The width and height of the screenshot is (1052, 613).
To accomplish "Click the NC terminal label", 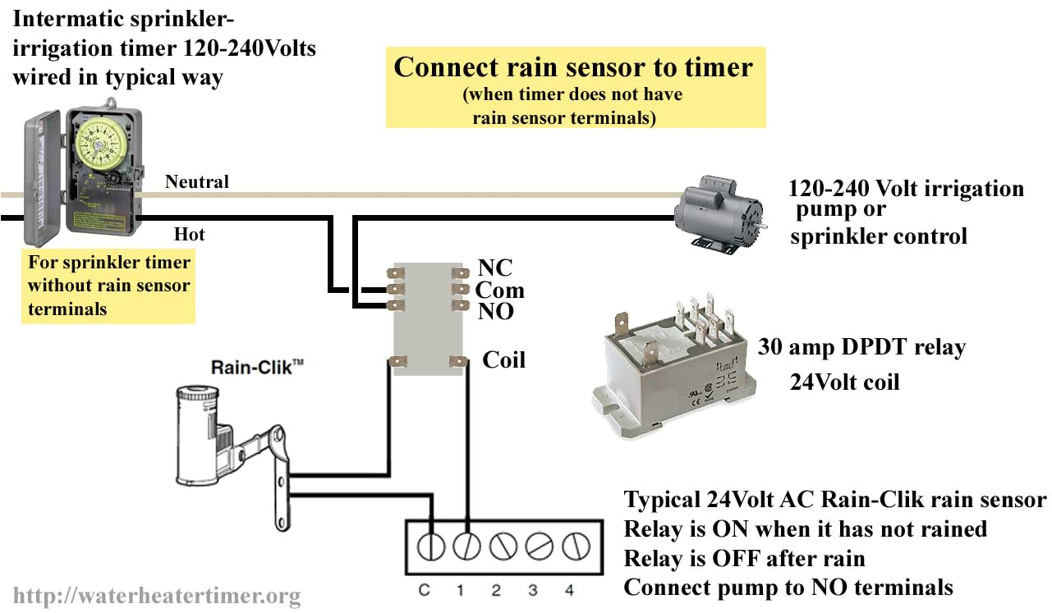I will click(494, 268).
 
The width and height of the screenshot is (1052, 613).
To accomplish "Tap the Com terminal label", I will click(499, 290).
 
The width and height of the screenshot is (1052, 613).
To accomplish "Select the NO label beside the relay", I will click(496, 312).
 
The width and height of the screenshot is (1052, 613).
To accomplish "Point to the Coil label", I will click(503, 359).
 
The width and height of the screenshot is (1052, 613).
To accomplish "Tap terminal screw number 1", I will click(467, 545).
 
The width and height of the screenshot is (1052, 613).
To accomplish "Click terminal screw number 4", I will click(573, 545).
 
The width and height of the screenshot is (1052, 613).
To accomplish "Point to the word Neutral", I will click(197, 181).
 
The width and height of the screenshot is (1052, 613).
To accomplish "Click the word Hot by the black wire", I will click(189, 235).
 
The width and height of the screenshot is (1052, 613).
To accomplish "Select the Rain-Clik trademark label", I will click(246, 368).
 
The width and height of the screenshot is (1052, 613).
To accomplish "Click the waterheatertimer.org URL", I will click(157, 596).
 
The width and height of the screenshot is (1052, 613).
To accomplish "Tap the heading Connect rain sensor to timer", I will click(573, 66).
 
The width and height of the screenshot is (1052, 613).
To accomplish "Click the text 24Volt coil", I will click(844, 382).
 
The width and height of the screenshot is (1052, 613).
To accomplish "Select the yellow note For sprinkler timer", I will click(108, 286).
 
